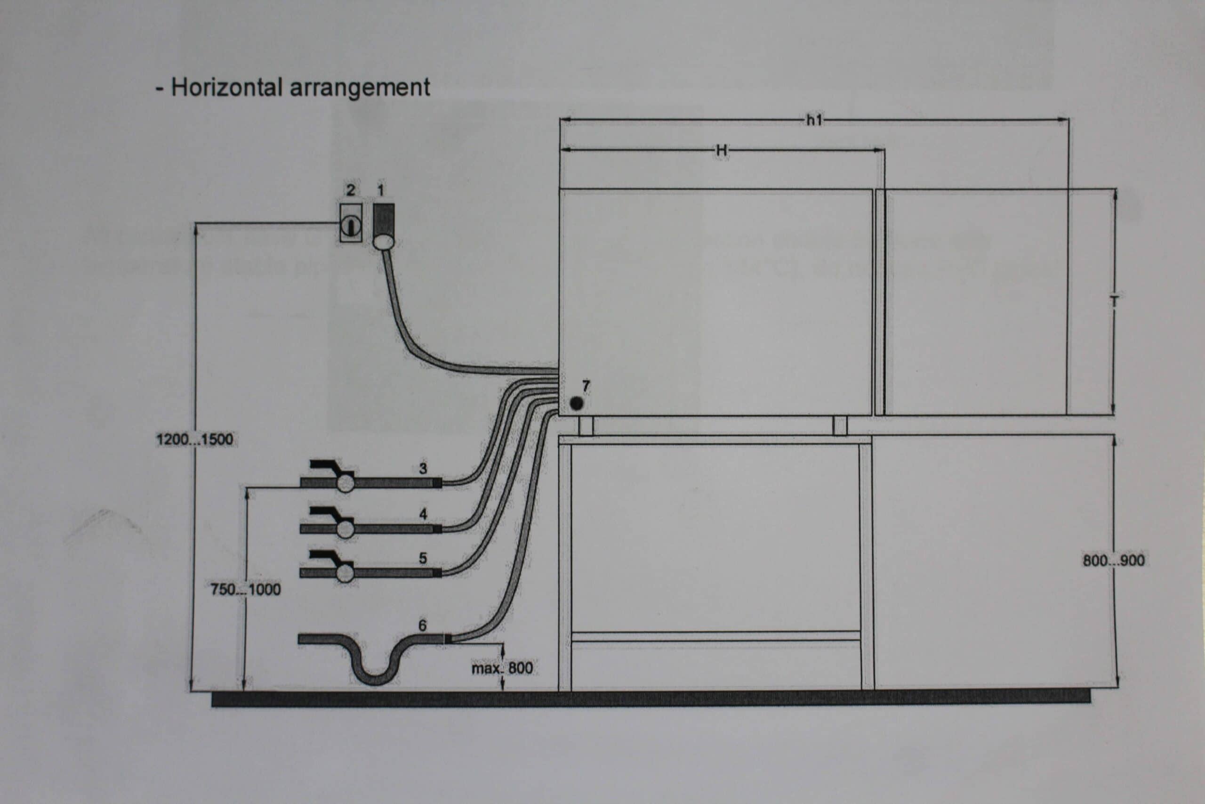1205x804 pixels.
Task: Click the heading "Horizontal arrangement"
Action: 300,87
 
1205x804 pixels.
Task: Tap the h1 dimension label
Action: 814,120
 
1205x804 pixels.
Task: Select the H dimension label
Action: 722,150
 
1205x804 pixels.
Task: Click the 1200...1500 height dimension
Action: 195,439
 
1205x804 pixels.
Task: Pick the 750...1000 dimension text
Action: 246,589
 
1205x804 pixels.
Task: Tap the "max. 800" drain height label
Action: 502,668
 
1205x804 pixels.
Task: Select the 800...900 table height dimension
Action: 1113,560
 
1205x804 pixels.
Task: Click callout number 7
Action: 586,386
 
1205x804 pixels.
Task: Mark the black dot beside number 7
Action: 576,404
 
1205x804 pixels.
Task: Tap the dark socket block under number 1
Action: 384,219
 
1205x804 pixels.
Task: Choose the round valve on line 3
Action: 346,483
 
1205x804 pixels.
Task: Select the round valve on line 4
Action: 346,528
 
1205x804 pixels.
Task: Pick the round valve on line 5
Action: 346,573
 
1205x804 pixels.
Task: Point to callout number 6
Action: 423,625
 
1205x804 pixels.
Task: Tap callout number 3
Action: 423,468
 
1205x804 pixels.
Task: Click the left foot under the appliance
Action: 586,426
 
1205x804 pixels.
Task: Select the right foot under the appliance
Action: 840,426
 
